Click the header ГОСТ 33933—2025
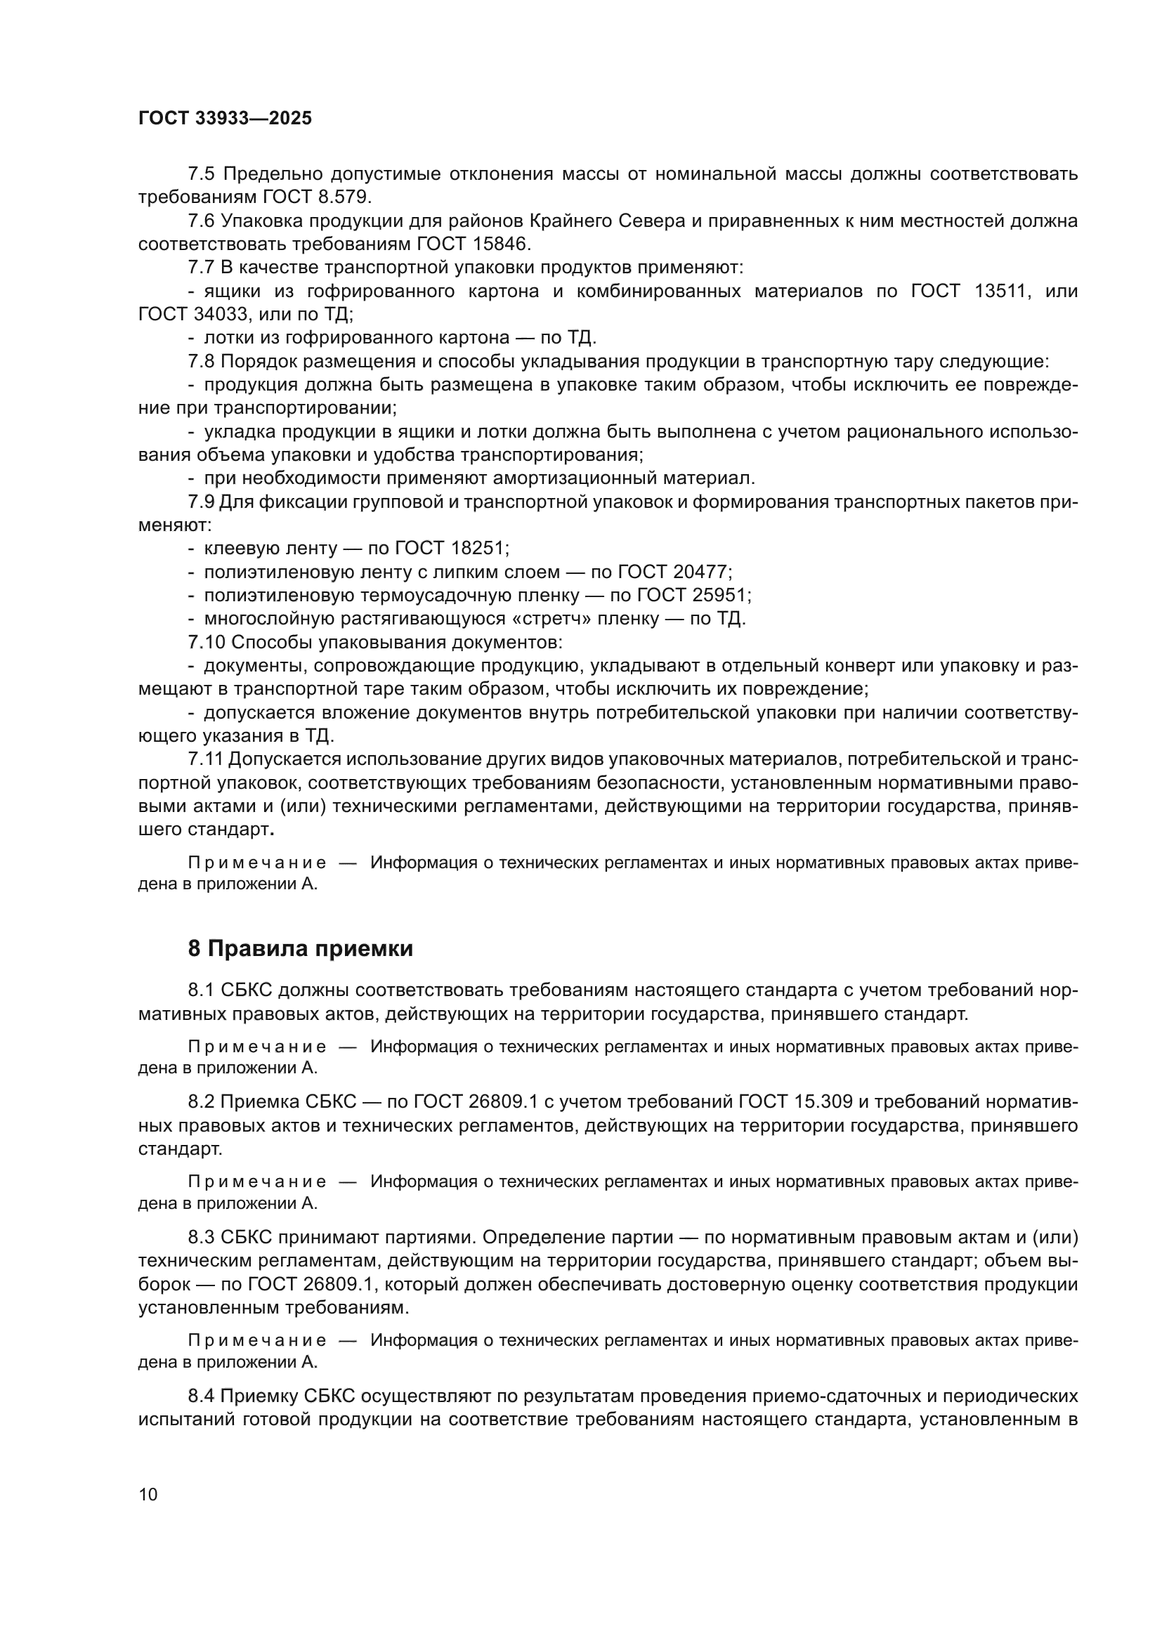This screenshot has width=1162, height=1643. [225, 119]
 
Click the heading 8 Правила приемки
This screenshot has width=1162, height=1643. [301, 949]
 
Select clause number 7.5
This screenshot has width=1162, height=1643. [200, 174]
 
